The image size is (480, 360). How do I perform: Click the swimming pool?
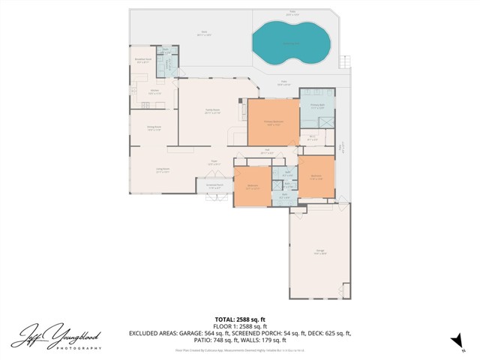tap(290, 42)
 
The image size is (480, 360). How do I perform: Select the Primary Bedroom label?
tap(272, 121)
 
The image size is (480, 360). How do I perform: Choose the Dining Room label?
tap(153, 127)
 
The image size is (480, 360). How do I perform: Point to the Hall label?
tap(265, 151)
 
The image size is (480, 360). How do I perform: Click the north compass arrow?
tap(454, 341)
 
